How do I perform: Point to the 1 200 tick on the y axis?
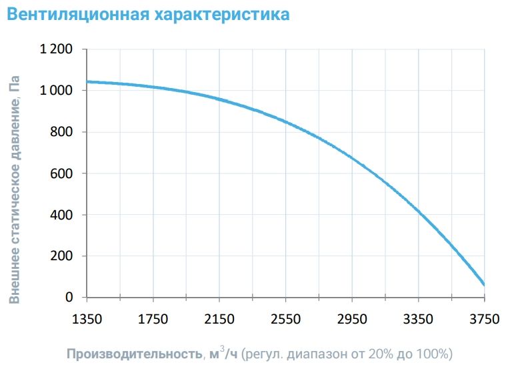coord(60,49)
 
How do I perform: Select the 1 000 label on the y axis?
coord(60,91)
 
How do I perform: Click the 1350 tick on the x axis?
coord(87,319)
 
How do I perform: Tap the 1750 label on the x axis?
coord(153,319)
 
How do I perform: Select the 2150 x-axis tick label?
coord(219,319)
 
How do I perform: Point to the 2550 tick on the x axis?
coord(285,319)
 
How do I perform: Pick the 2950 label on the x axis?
coord(352,319)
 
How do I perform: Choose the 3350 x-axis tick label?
coord(418,319)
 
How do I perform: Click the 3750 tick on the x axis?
coord(484,319)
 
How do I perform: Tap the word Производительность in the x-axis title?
coord(132,353)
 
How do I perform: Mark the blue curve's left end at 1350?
coord(88,81)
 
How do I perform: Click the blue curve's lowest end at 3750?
coord(483,284)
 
